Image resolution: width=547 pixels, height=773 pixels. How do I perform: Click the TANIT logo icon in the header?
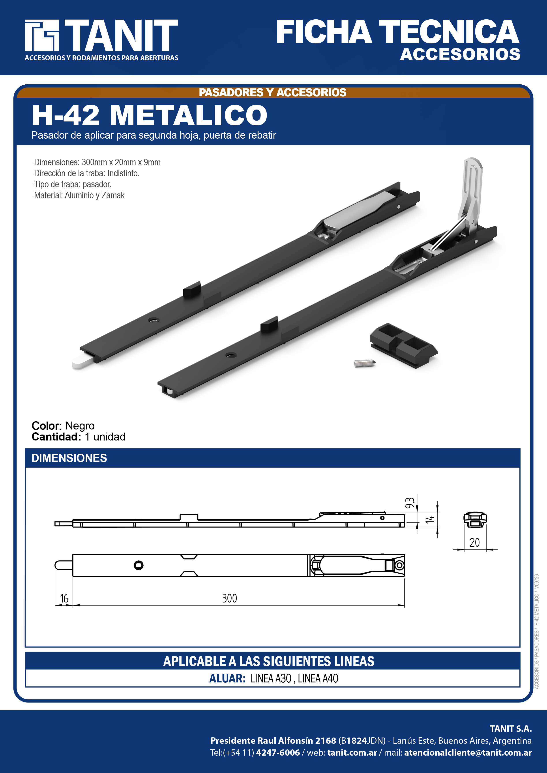tap(42, 35)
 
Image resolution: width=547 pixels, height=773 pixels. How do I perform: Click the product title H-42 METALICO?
tap(150, 115)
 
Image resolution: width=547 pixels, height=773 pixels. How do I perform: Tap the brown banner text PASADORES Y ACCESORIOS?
tap(272, 92)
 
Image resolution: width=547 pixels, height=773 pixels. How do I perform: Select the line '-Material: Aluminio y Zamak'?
tap(78, 195)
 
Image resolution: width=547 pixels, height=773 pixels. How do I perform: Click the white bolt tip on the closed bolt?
tap(82, 361)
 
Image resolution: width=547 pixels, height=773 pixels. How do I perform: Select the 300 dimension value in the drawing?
tap(230, 598)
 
